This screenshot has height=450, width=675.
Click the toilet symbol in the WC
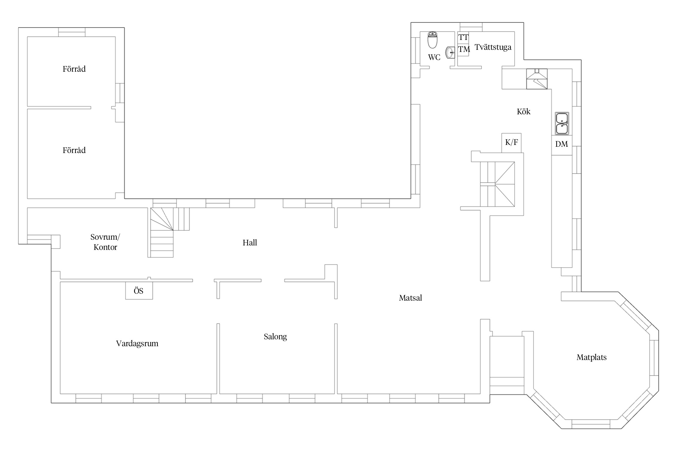pyautogui.click(x=432, y=40)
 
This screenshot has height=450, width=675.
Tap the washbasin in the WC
pyautogui.click(x=450, y=52)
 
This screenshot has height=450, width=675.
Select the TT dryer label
pyautogui.click(x=463, y=37)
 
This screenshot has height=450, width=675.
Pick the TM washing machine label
pyautogui.click(x=464, y=49)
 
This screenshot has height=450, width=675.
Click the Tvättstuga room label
pyautogui.click(x=493, y=47)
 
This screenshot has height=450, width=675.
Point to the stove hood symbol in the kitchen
pyautogui.click(x=537, y=79)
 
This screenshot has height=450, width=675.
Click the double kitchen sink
pyautogui.click(x=562, y=123)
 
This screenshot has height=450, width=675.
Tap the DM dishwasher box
pyautogui.click(x=562, y=145)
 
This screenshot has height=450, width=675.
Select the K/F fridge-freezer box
pyautogui.click(x=511, y=143)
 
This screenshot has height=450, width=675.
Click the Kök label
pyautogui.click(x=523, y=112)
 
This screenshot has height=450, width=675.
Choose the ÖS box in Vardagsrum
pyautogui.click(x=139, y=290)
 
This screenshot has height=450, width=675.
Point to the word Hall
pyautogui.click(x=250, y=242)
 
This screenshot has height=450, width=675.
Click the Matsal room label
pyautogui.click(x=410, y=298)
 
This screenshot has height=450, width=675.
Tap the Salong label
pyautogui.click(x=275, y=337)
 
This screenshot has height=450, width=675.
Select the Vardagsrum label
pyautogui.click(x=137, y=343)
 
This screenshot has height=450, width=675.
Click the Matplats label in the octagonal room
pyautogui.click(x=591, y=357)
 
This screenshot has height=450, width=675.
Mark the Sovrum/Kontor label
pyautogui.click(x=105, y=242)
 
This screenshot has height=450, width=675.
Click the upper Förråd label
pyautogui.click(x=74, y=69)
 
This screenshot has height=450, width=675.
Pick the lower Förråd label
pyautogui.click(x=74, y=150)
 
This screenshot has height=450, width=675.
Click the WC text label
pyautogui.click(x=434, y=57)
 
